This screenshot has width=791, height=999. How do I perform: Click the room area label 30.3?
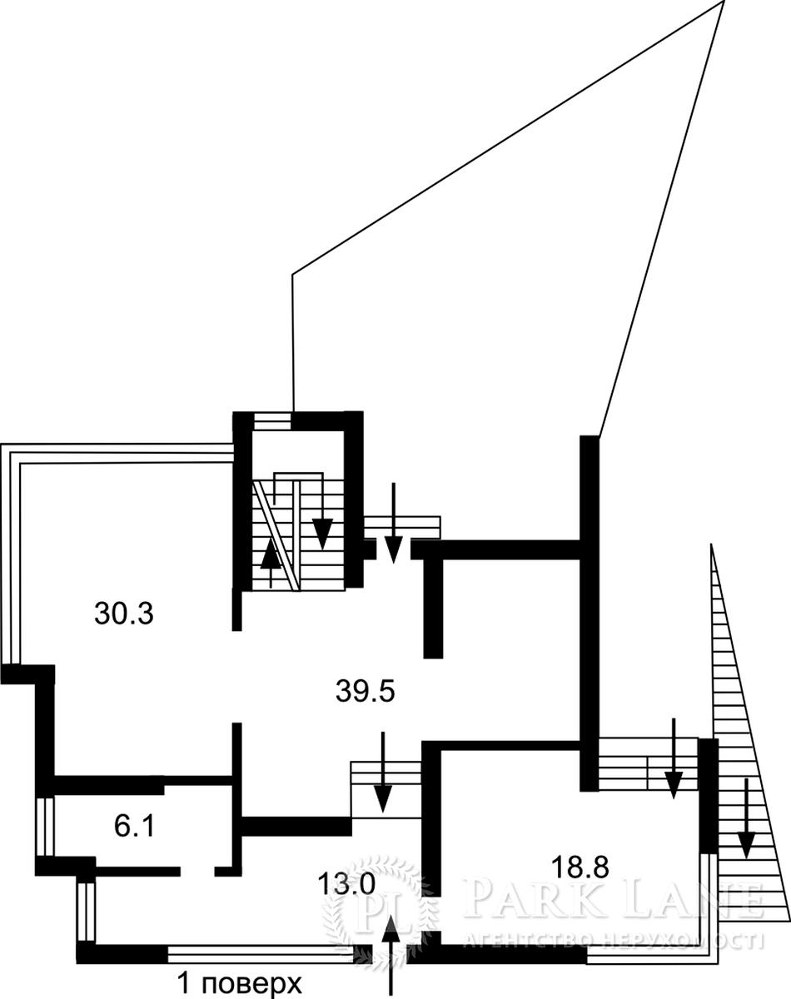point(123,614)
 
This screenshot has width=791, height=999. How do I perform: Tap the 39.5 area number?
point(365,692)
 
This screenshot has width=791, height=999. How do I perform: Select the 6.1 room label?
point(134,828)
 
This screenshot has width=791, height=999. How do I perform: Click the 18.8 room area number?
point(580,867)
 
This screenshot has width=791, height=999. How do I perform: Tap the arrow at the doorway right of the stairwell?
point(394,523)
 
